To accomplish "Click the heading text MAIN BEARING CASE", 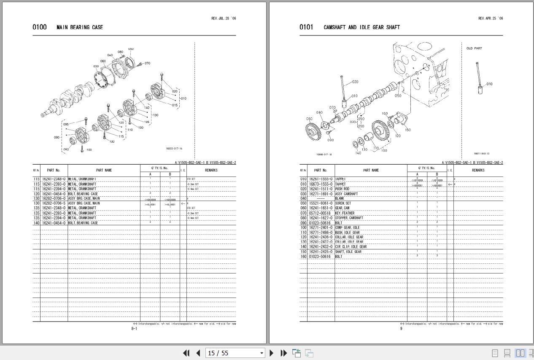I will (x=80, y=27).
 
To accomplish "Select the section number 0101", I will (x=306, y=27).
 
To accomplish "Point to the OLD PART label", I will (x=474, y=49).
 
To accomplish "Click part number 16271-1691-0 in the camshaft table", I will (x=321, y=194).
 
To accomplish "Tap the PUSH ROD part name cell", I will (x=342, y=189).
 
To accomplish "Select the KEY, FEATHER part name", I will (x=345, y=213).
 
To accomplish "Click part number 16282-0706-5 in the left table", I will (x=54, y=203).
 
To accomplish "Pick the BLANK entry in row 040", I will (x=340, y=198).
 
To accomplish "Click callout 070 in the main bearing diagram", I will (x=147, y=64).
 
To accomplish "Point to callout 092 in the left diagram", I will (x=66, y=149).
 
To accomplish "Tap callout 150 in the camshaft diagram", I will (x=407, y=130).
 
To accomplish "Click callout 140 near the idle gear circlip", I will (x=358, y=153).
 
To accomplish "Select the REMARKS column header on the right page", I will (x=478, y=171).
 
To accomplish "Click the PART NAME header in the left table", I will (x=104, y=171).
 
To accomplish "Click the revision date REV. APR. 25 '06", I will (x=490, y=19).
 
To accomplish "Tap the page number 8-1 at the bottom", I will (x=134, y=328).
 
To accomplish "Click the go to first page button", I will (x=186, y=353).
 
